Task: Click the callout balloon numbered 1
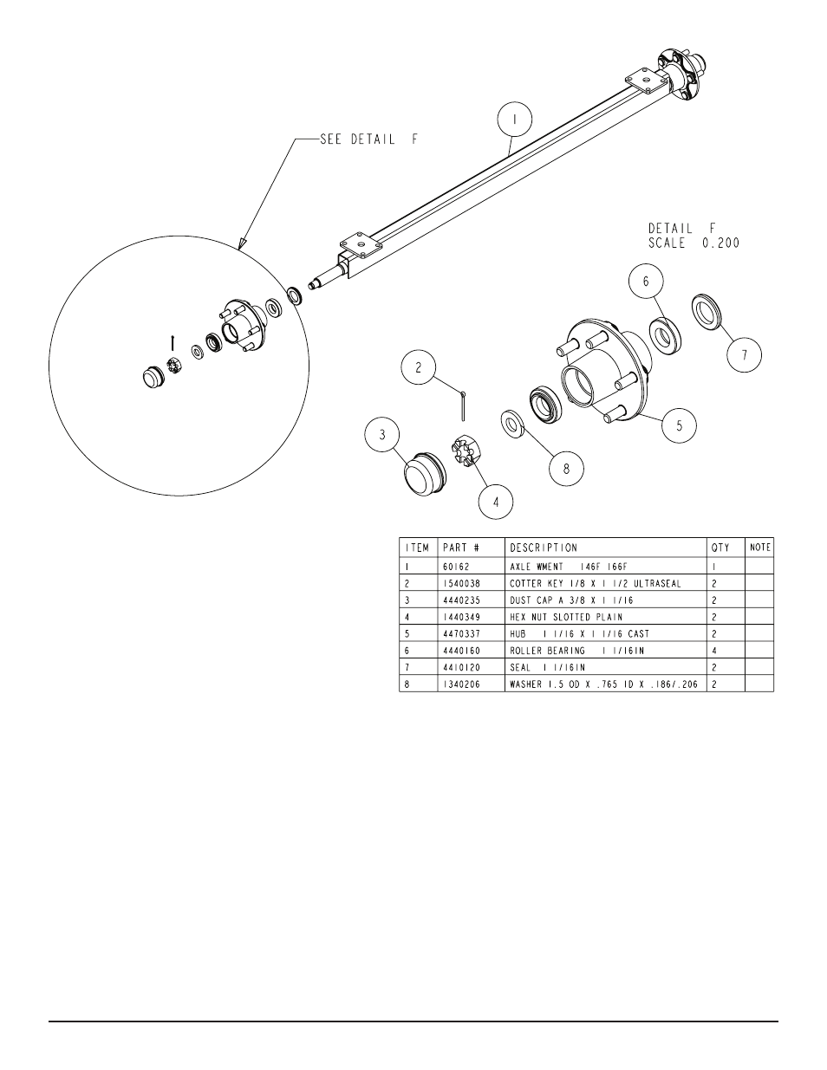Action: [515, 120]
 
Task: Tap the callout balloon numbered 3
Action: [382, 435]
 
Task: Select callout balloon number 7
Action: [744, 354]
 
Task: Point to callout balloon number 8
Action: [566, 469]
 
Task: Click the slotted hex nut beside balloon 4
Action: [465, 451]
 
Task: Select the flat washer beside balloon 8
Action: [512, 424]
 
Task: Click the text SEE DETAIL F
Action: [369, 139]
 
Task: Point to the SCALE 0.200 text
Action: [694, 243]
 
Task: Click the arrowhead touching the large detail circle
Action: [242, 243]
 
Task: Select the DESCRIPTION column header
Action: [544, 548]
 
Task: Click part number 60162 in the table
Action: [456, 567]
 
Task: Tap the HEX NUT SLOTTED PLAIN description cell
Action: [566, 617]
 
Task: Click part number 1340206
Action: [461, 684]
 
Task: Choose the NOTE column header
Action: [760, 547]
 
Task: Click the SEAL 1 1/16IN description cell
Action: [547, 667]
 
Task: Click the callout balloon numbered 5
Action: [680, 425]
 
